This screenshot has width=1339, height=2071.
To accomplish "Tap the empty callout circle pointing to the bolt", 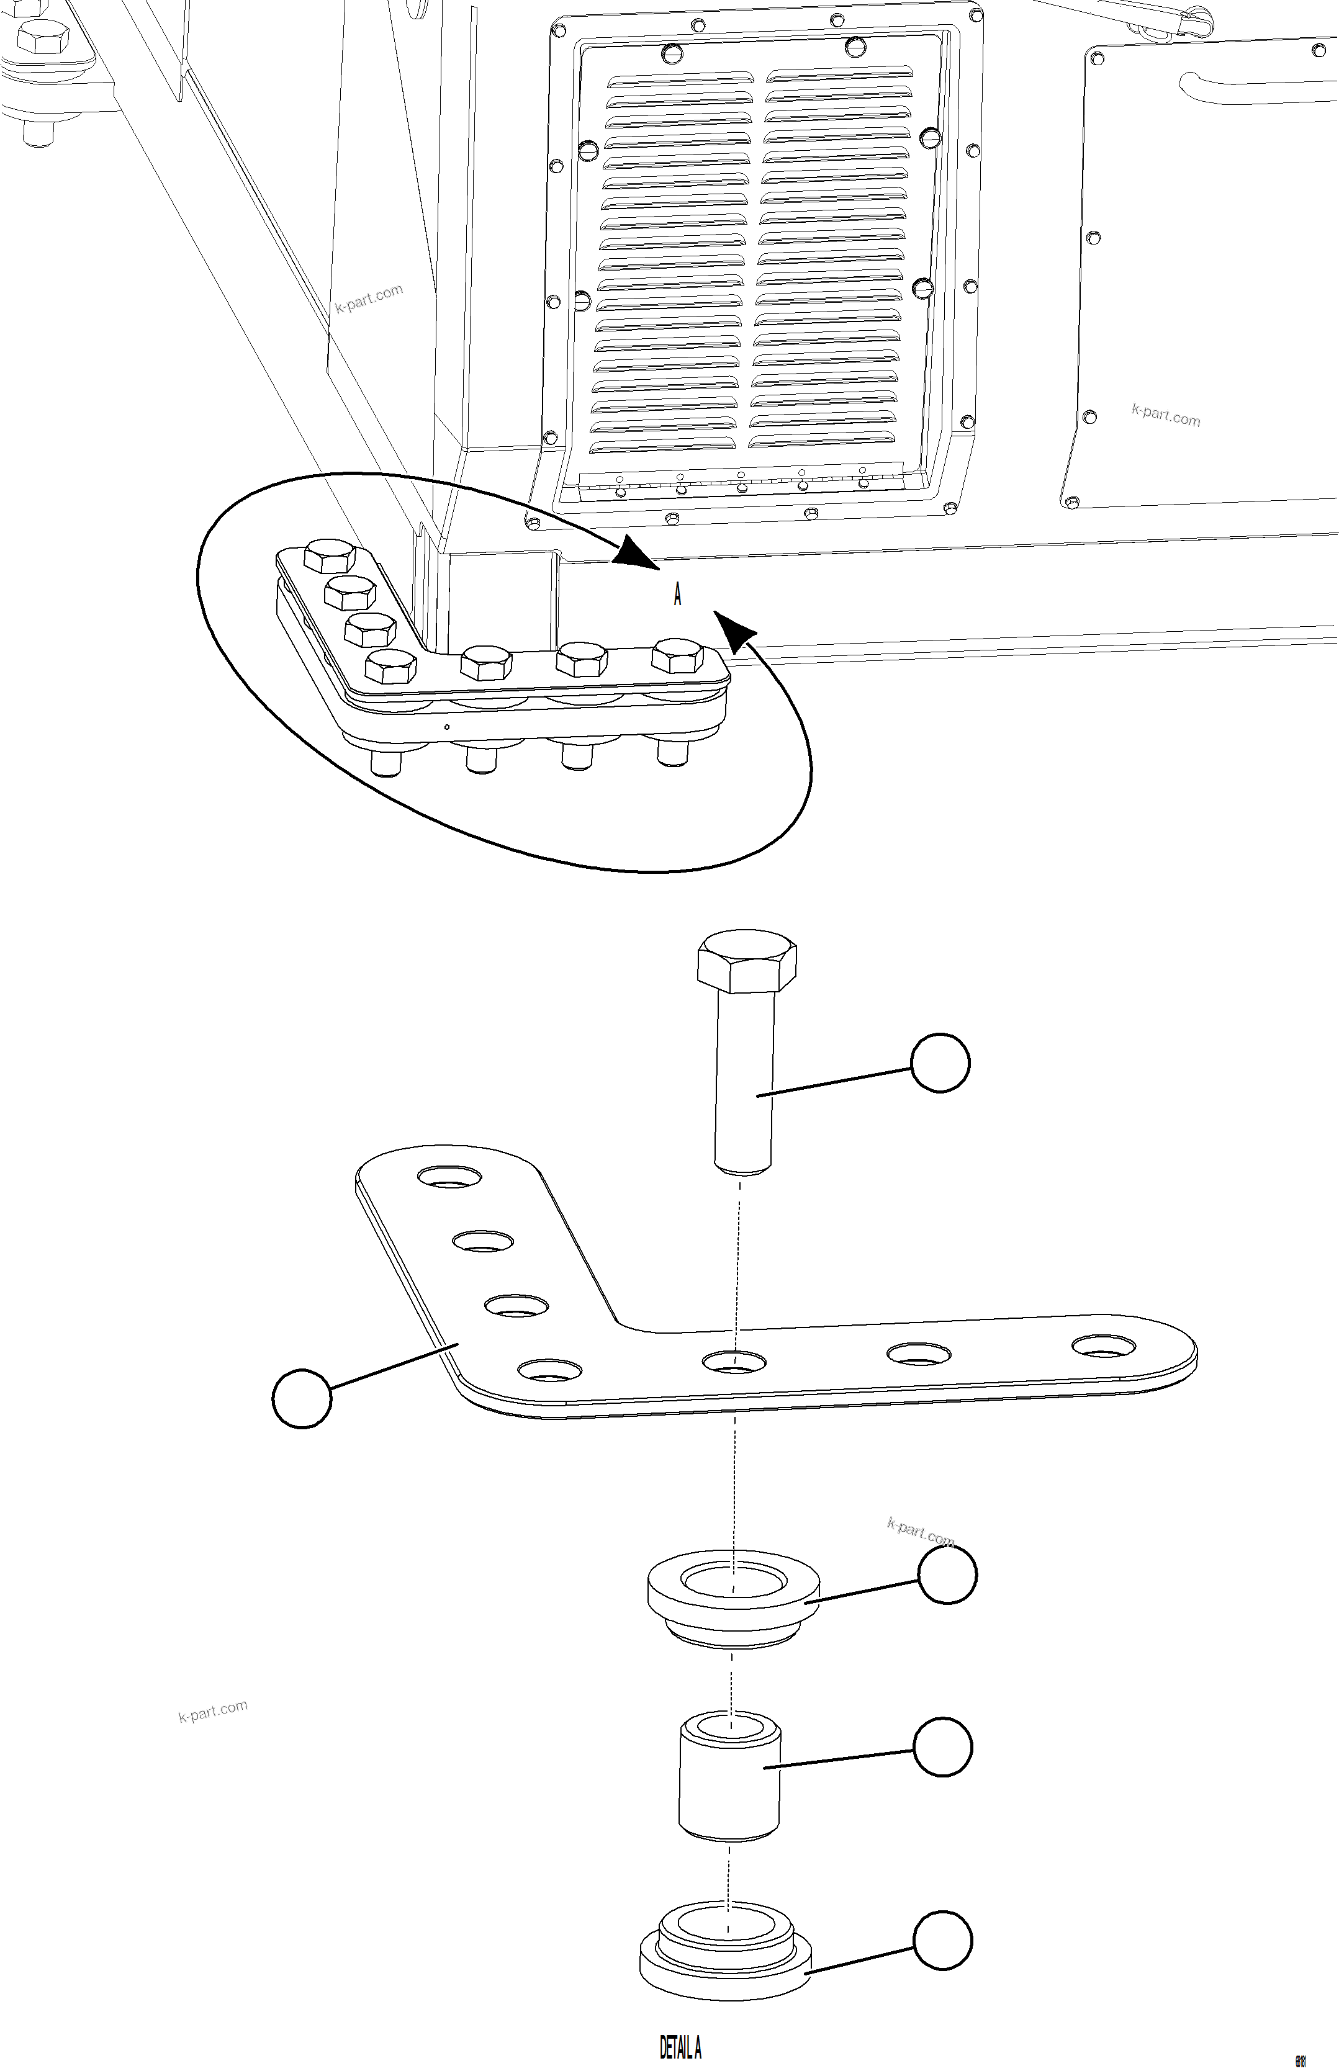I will click(940, 1062).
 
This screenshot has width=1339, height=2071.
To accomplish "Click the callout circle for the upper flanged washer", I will click(947, 1574).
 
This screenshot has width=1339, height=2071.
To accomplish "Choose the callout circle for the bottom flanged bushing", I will click(942, 1940).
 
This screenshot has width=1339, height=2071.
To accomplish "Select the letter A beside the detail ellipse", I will click(677, 595).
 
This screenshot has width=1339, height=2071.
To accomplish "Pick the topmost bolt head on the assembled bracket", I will click(331, 554).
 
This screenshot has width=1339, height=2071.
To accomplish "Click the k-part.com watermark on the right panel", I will click(1165, 415).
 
